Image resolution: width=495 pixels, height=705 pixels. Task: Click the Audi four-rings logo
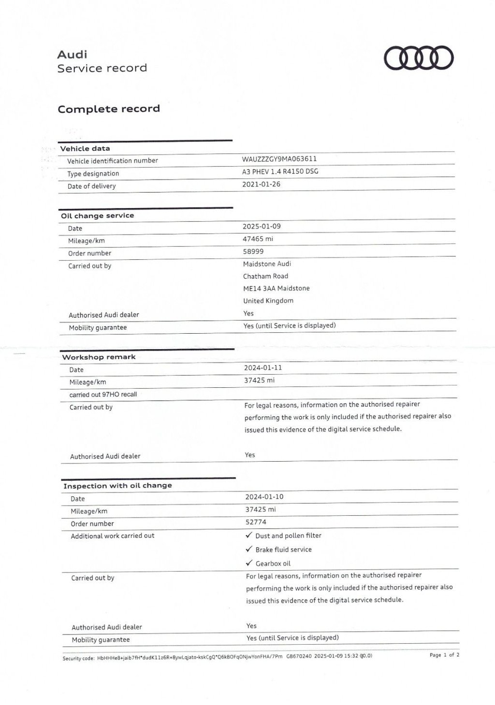tap(419, 58)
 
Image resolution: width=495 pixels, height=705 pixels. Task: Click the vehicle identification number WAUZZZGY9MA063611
tap(279, 159)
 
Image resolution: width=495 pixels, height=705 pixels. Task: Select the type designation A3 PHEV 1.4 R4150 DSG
tap(280, 171)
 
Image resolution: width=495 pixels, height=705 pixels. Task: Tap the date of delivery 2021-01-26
tap(261, 184)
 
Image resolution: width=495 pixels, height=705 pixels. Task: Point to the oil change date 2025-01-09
tap(262, 226)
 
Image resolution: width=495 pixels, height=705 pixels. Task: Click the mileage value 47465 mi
tap(258, 239)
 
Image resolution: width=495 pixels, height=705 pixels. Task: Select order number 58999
tap(253, 251)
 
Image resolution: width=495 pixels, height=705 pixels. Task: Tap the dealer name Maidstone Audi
tap(267, 264)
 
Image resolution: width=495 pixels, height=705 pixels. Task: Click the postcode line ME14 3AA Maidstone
tap(276, 288)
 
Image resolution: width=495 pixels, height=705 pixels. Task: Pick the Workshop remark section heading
tap(99, 357)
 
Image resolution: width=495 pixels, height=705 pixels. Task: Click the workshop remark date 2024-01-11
tap(263, 367)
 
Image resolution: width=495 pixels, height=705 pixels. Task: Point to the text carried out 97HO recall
tap(103, 395)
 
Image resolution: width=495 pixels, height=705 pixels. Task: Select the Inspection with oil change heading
tap(117, 485)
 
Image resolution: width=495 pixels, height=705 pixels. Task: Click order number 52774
tap(256, 522)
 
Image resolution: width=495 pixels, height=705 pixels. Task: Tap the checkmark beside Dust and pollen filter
tap(249, 535)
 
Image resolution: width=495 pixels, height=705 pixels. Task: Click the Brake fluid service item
tap(283, 550)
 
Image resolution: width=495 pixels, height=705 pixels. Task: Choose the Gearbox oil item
tap(273, 564)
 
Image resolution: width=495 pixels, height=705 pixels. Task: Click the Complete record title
tap(108, 109)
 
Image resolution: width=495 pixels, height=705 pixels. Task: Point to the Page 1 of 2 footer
tap(444, 655)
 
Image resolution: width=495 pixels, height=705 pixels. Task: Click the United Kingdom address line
tap(268, 300)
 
